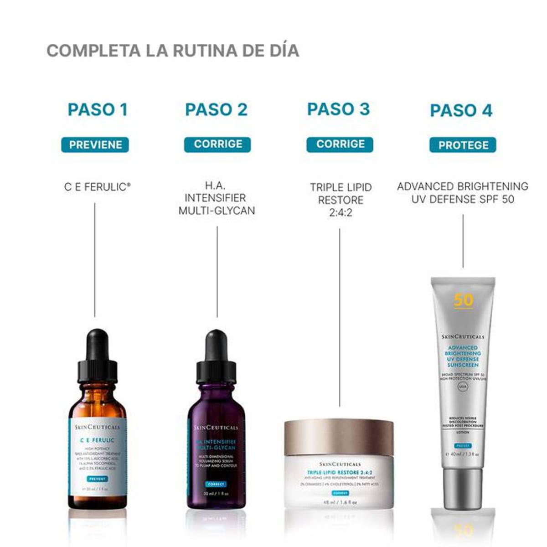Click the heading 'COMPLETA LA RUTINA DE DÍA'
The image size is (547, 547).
click(x=173, y=51)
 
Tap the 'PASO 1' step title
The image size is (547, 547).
click(x=98, y=110)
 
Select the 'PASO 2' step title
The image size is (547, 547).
click(x=217, y=110)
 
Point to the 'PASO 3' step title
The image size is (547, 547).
click(x=339, y=109)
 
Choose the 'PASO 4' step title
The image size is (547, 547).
click(x=461, y=111)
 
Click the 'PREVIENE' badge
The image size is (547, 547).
click(x=95, y=145)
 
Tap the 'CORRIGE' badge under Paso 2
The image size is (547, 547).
click(x=218, y=144)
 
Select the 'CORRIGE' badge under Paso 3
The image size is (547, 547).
click(x=340, y=144)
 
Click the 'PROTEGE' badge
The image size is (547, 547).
click(x=463, y=145)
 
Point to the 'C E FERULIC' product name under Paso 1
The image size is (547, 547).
click(x=97, y=187)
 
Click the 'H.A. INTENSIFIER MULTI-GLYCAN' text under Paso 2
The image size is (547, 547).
click(x=217, y=198)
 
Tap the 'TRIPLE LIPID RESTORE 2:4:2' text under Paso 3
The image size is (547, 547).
click(x=341, y=200)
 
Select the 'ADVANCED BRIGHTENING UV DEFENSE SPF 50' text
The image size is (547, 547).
click(x=463, y=193)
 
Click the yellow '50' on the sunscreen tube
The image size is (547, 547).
click(x=463, y=300)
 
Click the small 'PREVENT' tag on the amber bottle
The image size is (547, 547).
click(x=97, y=479)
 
